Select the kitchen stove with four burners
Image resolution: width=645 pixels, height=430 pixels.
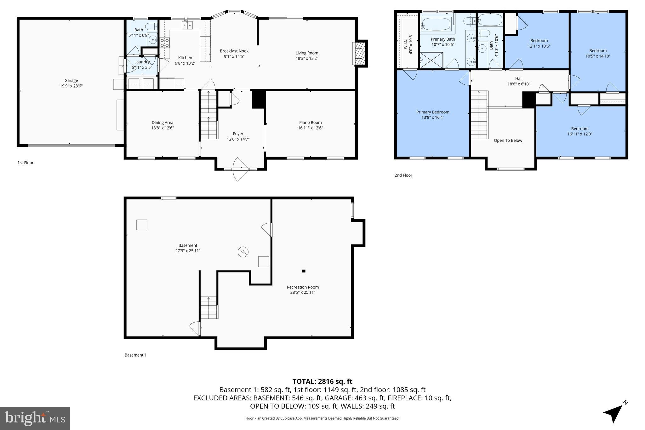[164, 43]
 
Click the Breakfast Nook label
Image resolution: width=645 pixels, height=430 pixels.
[234, 51]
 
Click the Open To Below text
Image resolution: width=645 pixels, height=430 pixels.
[508, 140]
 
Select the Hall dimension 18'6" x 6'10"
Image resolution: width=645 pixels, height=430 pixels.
[519, 84]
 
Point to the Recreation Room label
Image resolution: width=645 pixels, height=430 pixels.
[303, 287]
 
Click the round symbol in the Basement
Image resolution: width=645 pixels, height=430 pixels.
[243, 252]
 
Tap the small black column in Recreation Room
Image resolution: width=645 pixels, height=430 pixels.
[303, 271]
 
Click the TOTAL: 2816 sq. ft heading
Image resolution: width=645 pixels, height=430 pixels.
[322, 381]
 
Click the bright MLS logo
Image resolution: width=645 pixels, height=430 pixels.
[35, 418]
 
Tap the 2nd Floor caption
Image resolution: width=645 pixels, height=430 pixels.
[403, 175]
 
